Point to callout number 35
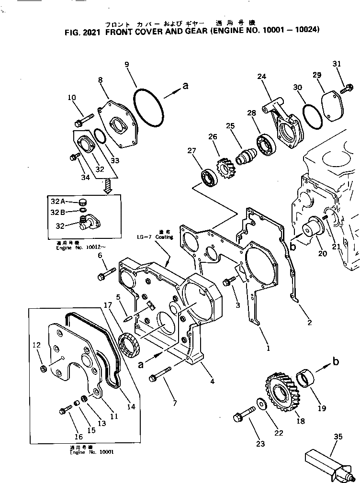tap(338, 436)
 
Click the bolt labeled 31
tap(348, 88)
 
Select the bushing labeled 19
tap(307, 378)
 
